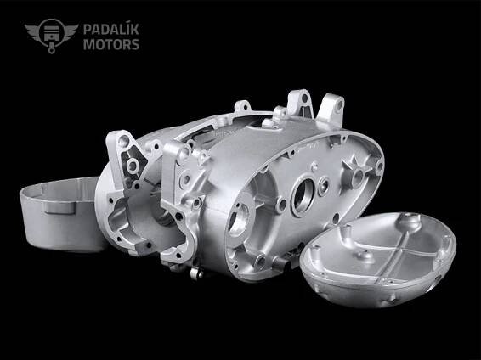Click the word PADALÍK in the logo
tap(111, 29)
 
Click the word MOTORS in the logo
tap(111, 44)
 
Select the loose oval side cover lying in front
tap(378, 259)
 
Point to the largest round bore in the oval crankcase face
tap(303, 196)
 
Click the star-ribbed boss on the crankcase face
tap(355, 174)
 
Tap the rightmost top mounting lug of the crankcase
tap(331, 109)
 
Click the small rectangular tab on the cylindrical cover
tap(59, 208)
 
